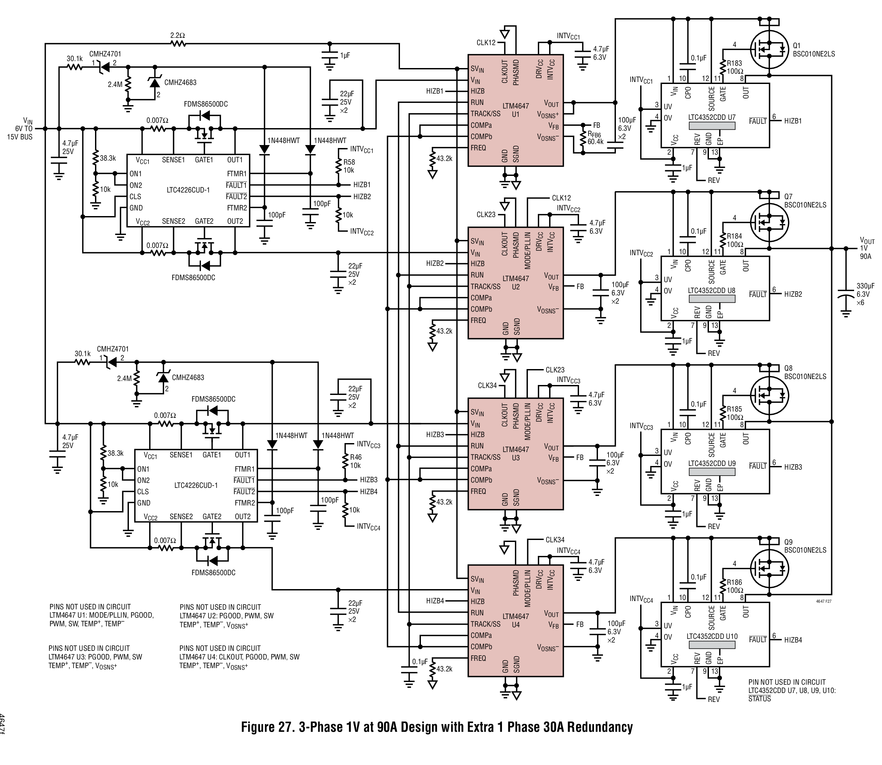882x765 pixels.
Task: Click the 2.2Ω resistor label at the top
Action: coord(177,36)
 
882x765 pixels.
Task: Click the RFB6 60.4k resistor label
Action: coord(595,138)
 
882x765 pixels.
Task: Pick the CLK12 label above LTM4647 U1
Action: coord(486,43)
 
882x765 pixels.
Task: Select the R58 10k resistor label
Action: coord(349,166)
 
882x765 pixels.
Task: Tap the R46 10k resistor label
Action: coord(355,461)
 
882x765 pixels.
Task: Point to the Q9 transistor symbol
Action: coord(769,570)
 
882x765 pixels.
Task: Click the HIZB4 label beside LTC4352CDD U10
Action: coord(793,640)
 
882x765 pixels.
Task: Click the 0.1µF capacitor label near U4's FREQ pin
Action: coord(420,662)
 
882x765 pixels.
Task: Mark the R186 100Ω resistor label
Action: coord(735,586)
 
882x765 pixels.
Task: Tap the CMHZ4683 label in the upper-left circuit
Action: coord(180,82)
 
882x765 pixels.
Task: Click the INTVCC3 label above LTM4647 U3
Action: coord(568,380)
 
